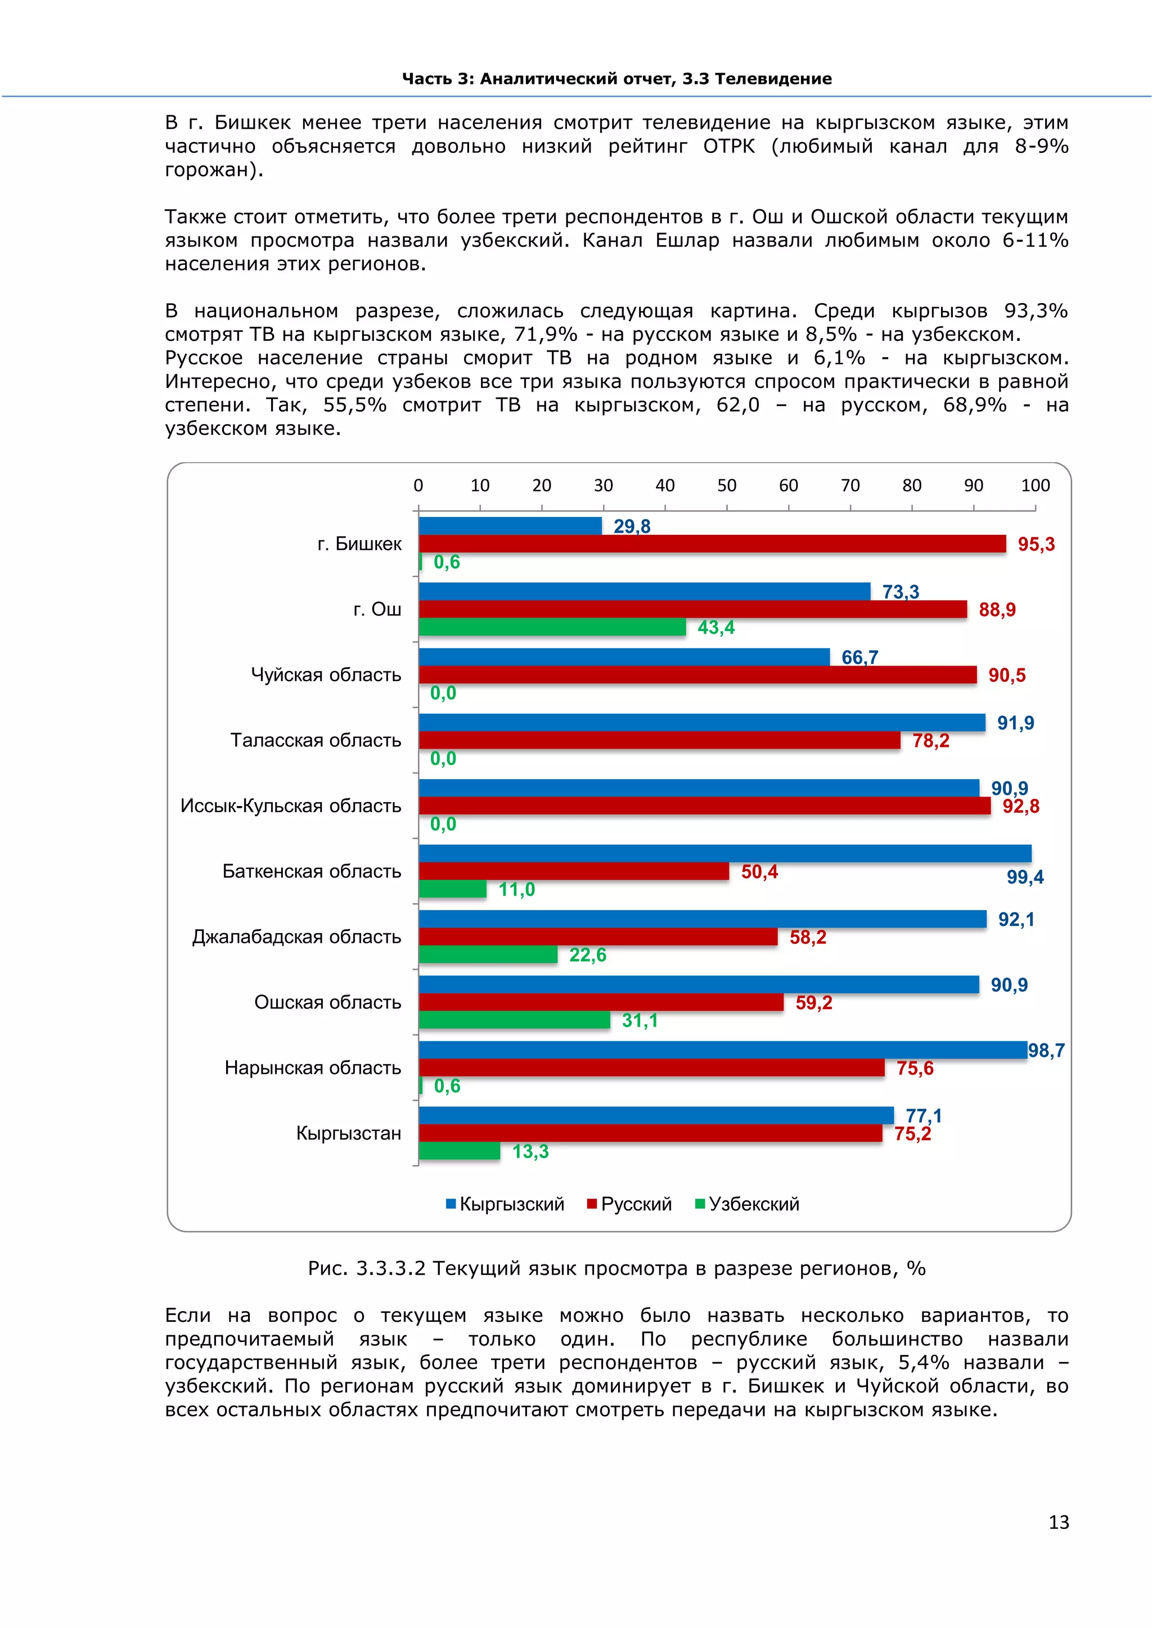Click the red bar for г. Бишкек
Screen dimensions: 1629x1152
tap(712, 544)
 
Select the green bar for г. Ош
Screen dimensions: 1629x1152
tap(552, 627)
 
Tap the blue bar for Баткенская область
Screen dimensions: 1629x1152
tap(725, 853)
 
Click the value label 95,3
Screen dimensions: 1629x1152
tap(1036, 544)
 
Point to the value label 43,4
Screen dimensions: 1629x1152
tap(715, 628)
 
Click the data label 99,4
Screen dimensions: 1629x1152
tap(1025, 877)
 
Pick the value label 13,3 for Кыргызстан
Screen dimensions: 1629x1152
tap(530, 1151)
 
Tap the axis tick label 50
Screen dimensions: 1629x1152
tap(726, 485)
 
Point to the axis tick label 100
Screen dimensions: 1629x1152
tap(1035, 485)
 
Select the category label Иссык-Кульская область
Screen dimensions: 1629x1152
tap(291, 806)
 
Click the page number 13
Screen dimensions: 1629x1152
tap(1059, 1523)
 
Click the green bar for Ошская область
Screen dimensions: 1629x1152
tap(514, 1020)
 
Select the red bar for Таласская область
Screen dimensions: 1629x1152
tap(660, 741)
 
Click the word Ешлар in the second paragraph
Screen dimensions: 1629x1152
tap(685, 241)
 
